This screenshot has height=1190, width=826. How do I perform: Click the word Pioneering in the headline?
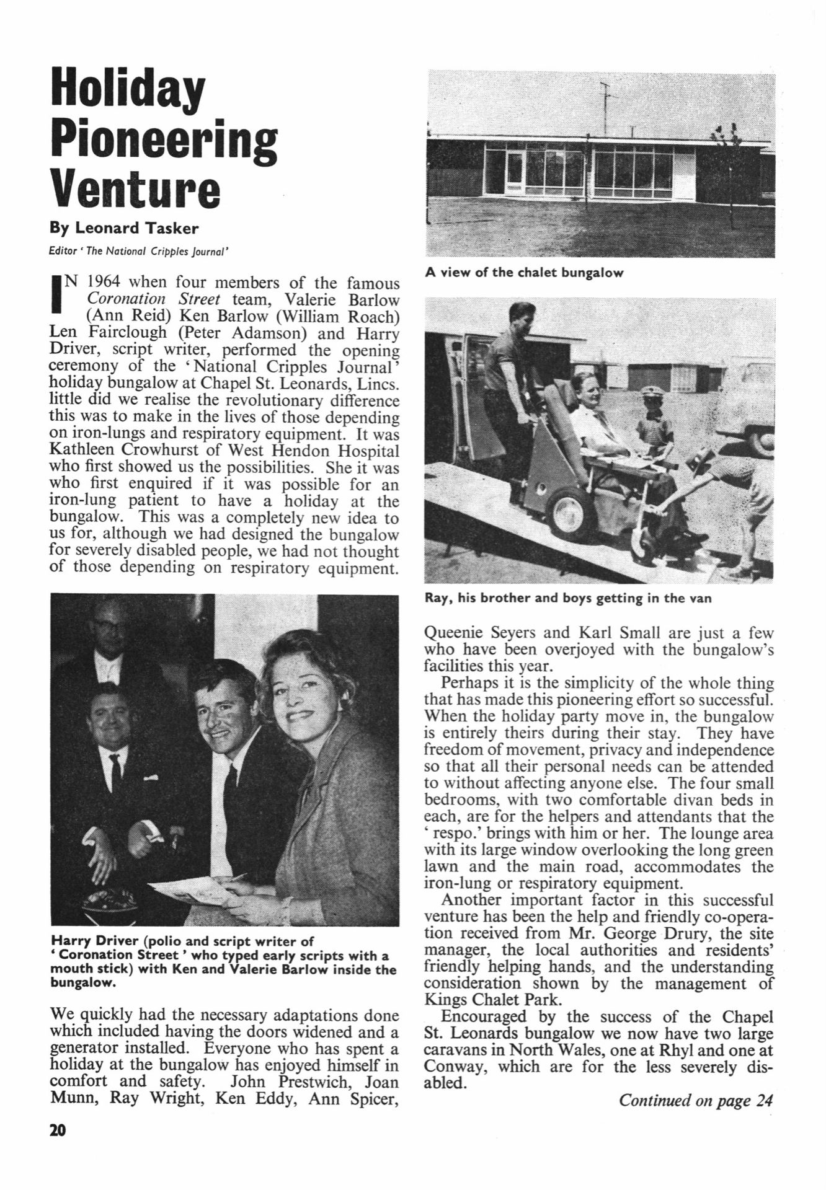click(x=164, y=138)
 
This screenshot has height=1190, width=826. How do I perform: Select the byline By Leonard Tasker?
click(x=124, y=228)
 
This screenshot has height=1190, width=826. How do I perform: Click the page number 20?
click(x=57, y=1130)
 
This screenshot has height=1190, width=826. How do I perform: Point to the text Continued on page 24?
click(x=696, y=1100)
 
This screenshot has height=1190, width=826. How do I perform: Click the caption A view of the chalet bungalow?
click(x=524, y=273)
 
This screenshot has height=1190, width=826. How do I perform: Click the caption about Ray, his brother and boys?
click(x=568, y=599)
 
